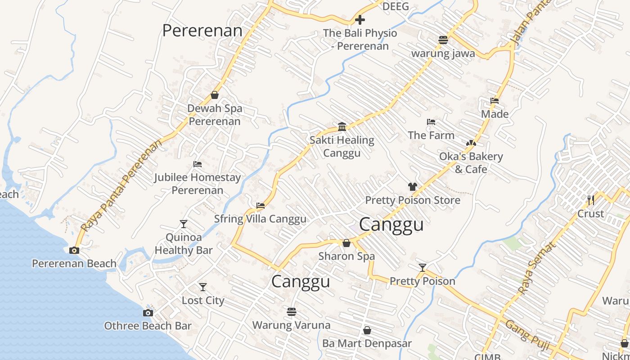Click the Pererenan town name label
tap(202, 31)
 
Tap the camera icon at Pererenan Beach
tap(74, 250)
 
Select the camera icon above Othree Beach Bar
tap(148, 313)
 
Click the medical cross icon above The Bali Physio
tap(360, 20)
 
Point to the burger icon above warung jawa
tap(443, 40)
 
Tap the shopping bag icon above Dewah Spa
tap(215, 95)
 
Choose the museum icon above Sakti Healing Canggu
tap(342, 126)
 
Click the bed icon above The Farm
tap(431, 122)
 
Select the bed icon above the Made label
tap(495, 101)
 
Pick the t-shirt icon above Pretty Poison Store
tap(412, 187)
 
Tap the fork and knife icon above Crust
tap(590, 200)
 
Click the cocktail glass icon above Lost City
tap(203, 287)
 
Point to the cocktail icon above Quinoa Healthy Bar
tap(183, 224)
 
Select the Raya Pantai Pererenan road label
tap(121, 186)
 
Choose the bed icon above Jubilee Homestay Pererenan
tap(197, 164)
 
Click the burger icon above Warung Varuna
tap(291, 311)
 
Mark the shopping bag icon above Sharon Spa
tap(346, 243)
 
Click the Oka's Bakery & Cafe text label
tap(471, 163)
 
